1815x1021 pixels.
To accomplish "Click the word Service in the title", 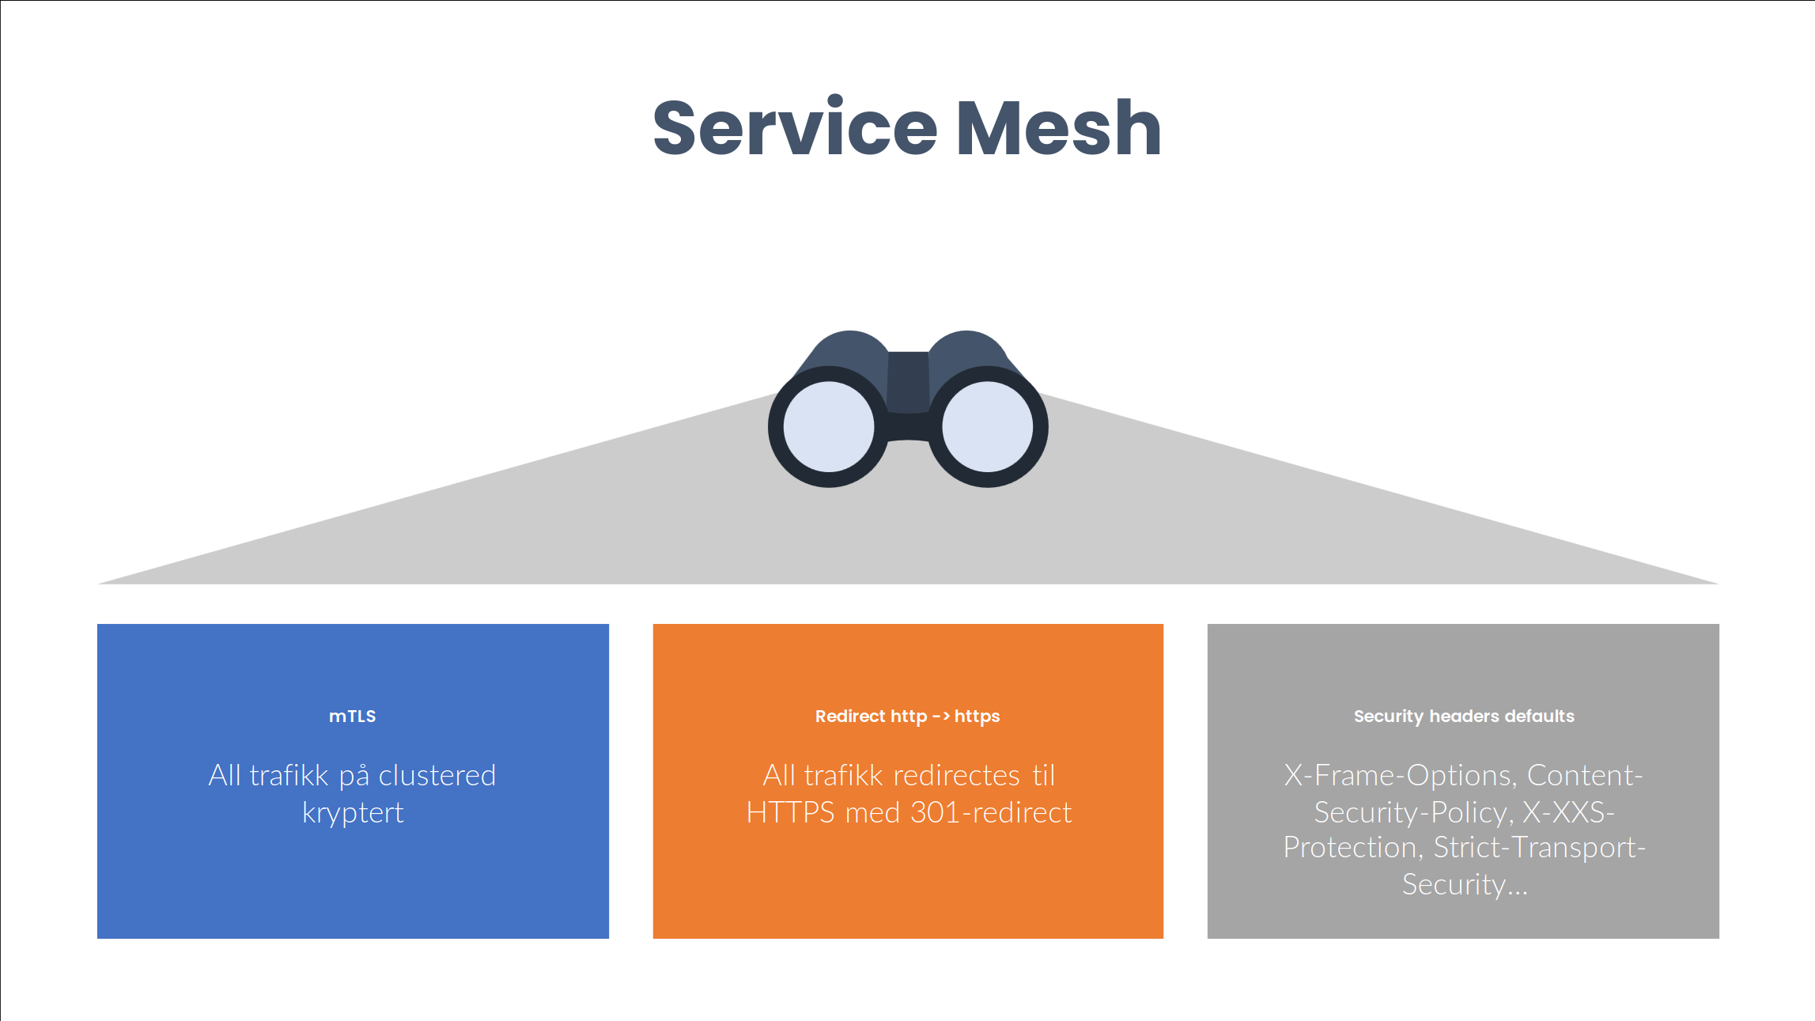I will click(x=795, y=128).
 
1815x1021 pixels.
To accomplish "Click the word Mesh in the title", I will click(x=1059, y=128).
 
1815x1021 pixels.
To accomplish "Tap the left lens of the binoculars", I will click(x=828, y=427).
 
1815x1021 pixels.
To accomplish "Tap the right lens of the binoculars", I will click(x=988, y=427).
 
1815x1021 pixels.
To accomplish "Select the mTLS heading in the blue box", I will click(x=353, y=717).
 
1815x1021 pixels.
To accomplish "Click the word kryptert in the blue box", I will click(x=353, y=813).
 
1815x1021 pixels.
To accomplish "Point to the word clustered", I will click(x=437, y=776).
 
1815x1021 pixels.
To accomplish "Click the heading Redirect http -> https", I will click(x=907, y=717).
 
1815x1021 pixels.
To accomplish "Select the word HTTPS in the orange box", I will click(x=790, y=813).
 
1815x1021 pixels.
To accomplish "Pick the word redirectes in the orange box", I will click(x=956, y=776).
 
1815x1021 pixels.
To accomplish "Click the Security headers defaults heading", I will click(x=1464, y=717).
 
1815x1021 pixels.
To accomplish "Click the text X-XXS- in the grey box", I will click(x=1568, y=813).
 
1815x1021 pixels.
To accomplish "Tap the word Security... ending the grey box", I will click(x=1465, y=885).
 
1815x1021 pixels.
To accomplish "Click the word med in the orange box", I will click(x=872, y=813).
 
